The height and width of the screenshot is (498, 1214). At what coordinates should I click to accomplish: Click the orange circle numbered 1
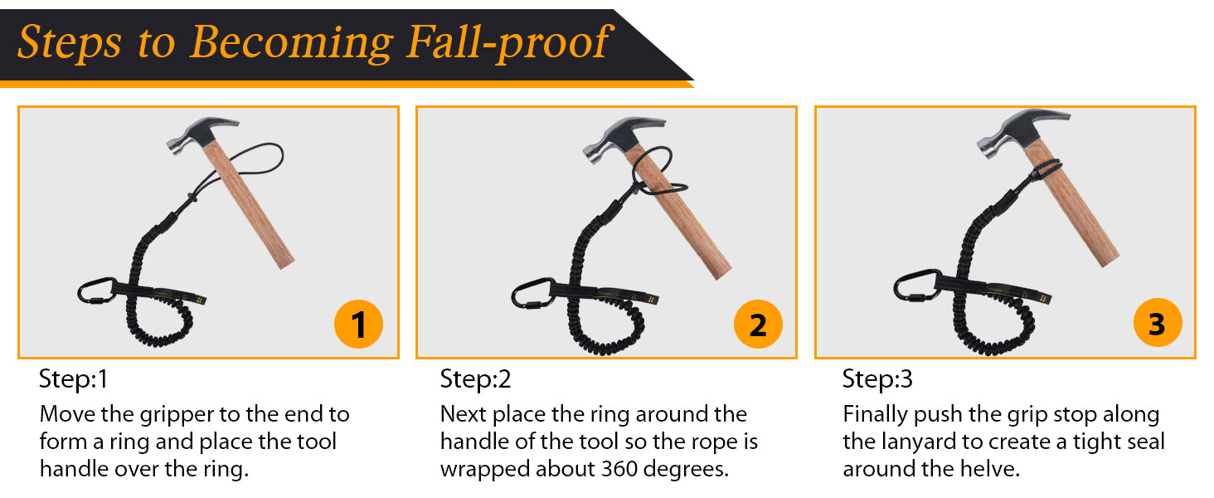(x=358, y=324)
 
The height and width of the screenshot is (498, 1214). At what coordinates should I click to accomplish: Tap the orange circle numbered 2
(x=758, y=324)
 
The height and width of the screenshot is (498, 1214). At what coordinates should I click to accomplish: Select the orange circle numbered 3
(x=1157, y=323)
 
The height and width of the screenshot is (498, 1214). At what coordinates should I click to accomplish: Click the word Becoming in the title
(x=292, y=43)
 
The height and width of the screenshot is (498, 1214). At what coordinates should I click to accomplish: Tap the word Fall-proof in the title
(x=509, y=42)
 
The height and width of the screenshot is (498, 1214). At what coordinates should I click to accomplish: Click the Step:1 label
(x=73, y=378)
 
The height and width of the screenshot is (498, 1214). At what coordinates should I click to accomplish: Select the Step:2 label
(x=475, y=378)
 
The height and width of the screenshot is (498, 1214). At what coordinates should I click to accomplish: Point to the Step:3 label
(x=877, y=378)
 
